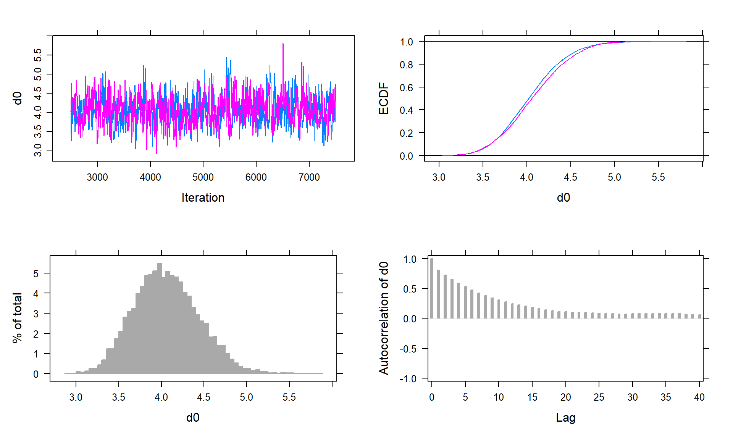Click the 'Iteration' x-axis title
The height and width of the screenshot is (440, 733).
tap(203, 197)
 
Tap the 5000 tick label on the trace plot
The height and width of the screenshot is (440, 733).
tap(203, 177)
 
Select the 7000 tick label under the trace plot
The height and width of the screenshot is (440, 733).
tap(309, 177)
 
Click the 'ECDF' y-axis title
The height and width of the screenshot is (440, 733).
tap(383, 99)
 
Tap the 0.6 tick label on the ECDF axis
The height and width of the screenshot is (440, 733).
tap(406, 87)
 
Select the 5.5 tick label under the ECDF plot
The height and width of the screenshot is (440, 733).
tap(658, 177)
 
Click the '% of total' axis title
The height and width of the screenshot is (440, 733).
tap(17, 318)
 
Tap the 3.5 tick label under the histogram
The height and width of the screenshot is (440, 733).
tap(118, 397)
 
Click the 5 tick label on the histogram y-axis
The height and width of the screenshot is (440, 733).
tap(36, 273)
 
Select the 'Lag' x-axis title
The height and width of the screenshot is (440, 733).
tap(565, 418)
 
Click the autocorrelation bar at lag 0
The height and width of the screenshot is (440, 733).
tap(432, 288)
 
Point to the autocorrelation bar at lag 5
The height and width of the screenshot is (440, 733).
tap(465, 302)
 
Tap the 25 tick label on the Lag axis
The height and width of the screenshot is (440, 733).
tap(599, 397)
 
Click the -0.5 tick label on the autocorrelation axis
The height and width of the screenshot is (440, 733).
tap(410, 349)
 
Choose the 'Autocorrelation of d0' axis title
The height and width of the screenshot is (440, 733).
tap(383, 318)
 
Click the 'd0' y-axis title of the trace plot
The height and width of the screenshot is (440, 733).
tap(17, 98)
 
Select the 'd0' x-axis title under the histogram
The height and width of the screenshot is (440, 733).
tap(192, 417)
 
